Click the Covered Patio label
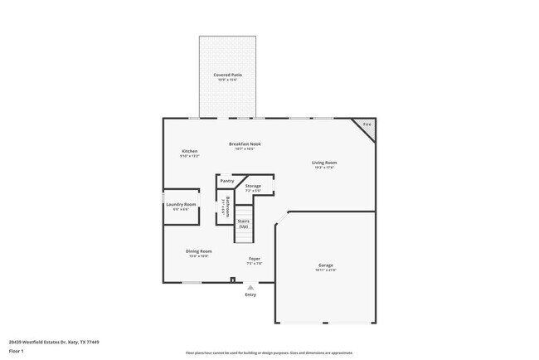pos(226,75)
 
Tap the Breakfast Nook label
pos(245,144)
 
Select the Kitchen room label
pos(190,151)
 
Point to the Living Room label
pos(324,163)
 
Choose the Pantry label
pos(226,181)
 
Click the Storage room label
pos(253,186)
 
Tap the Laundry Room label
pos(181,204)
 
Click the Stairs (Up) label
pos(244,223)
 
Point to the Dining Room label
pos(199,251)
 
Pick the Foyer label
pos(255,259)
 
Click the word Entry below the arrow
pos(250,294)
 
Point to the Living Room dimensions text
pos(324,168)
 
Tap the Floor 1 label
pos(17,351)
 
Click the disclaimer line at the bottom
pos(269,353)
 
